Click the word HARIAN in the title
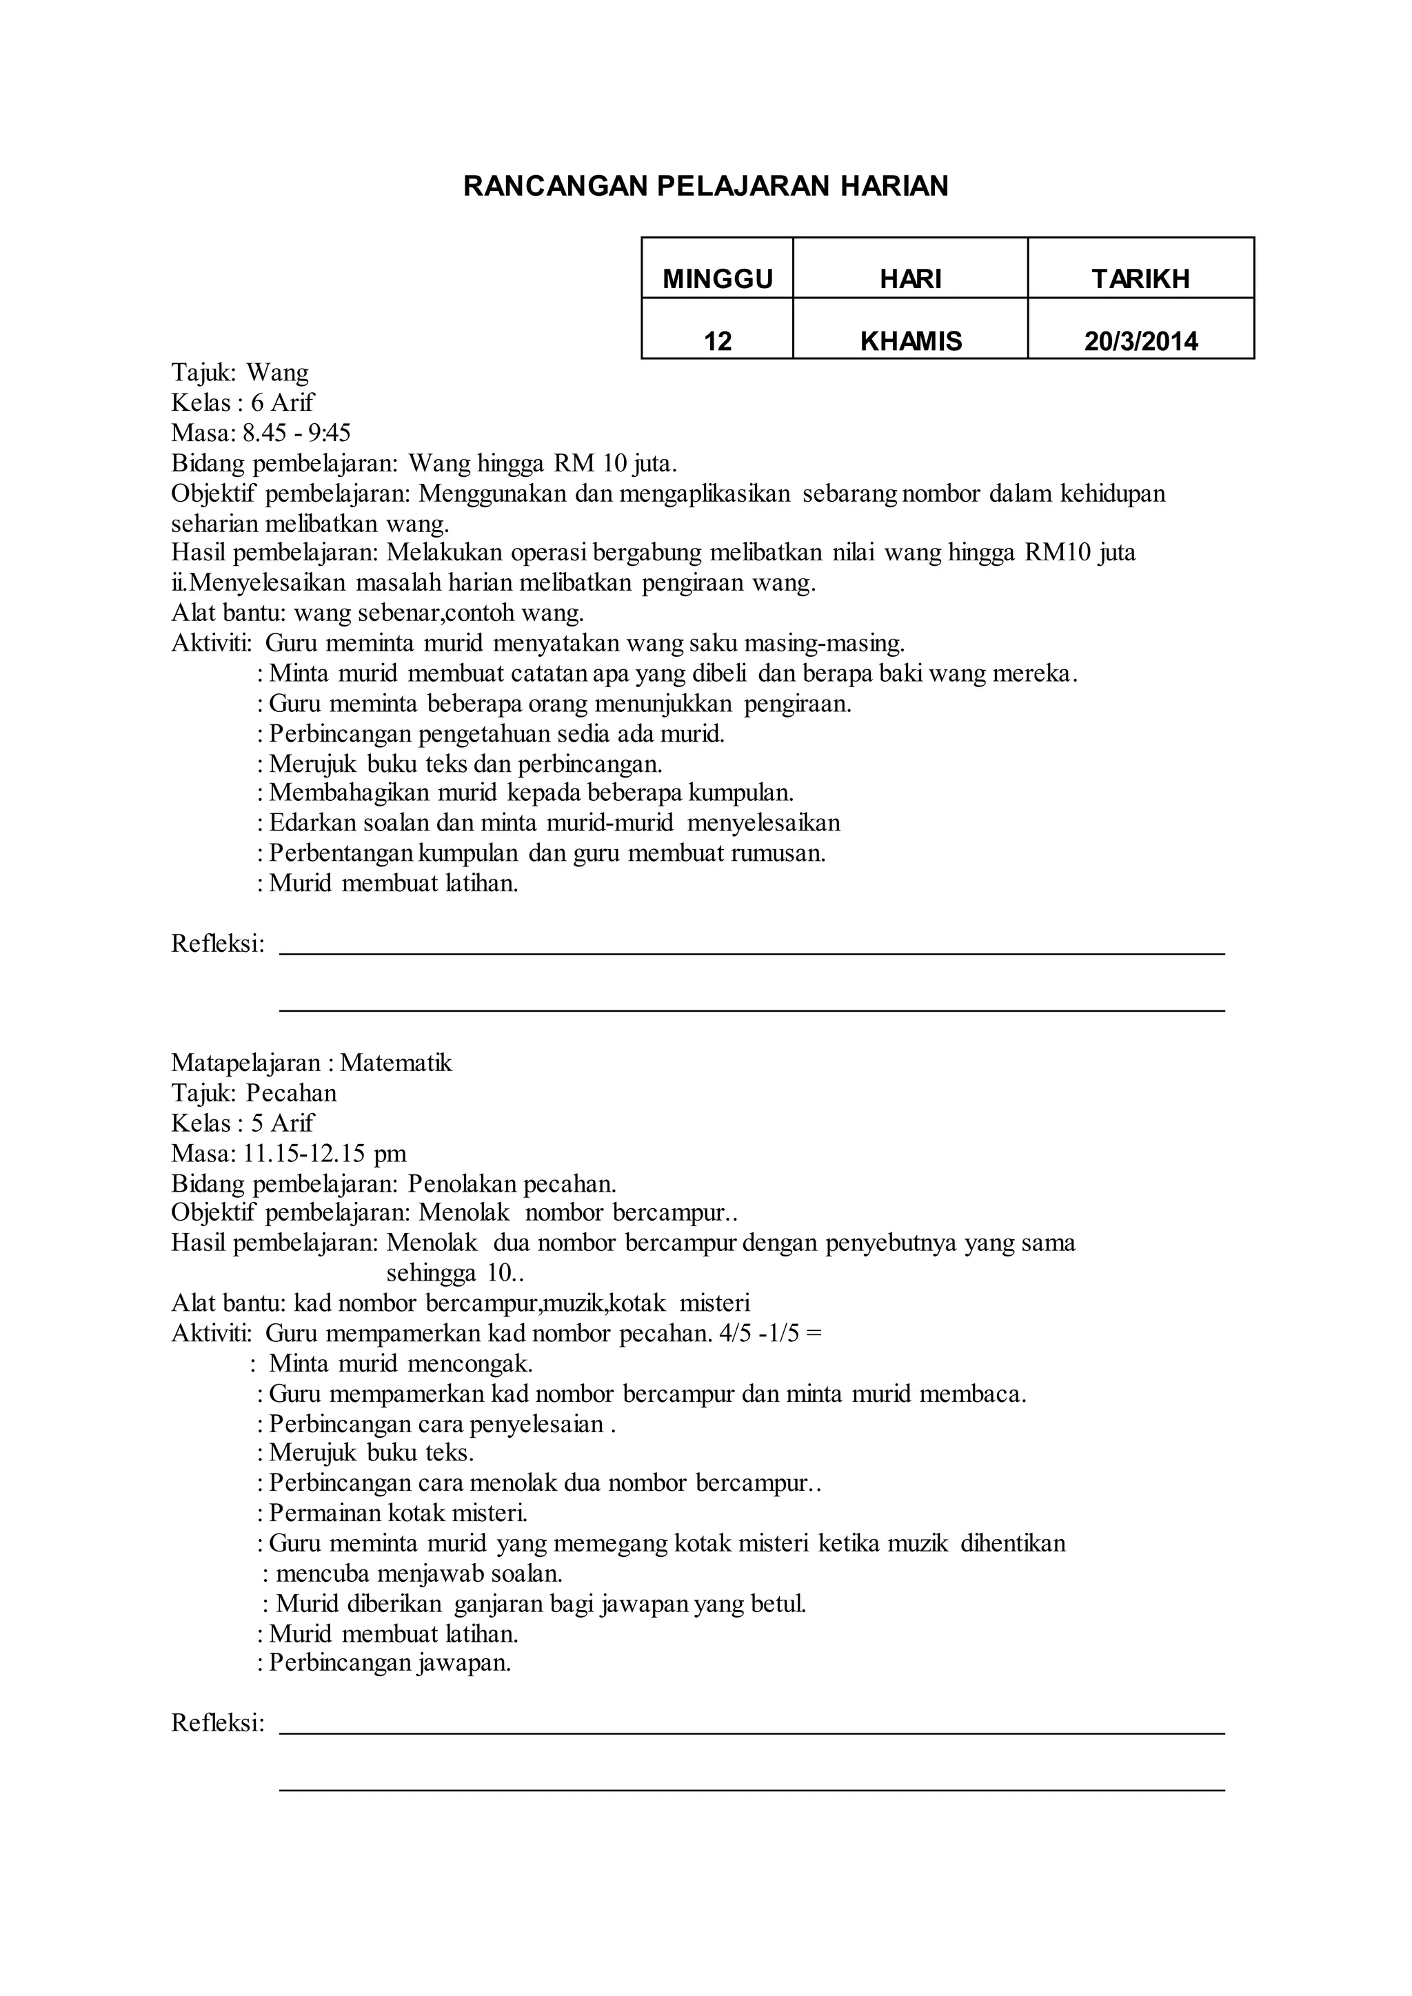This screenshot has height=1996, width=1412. pyautogui.click(x=893, y=186)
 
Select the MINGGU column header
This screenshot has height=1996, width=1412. pyautogui.click(x=717, y=279)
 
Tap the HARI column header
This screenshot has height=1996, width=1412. pyautogui.click(x=910, y=279)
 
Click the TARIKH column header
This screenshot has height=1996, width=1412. pyautogui.click(x=1141, y=279)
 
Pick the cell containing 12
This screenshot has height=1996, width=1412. pyautogui.click(x=717, y=340)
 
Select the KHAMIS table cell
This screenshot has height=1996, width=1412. pyautogui.click(x=910, y=340)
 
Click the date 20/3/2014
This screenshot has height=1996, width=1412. pyautogui.click(x=1141, y=340)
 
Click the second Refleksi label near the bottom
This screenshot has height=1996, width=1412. pyautogui.click(x=217, y=1723)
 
